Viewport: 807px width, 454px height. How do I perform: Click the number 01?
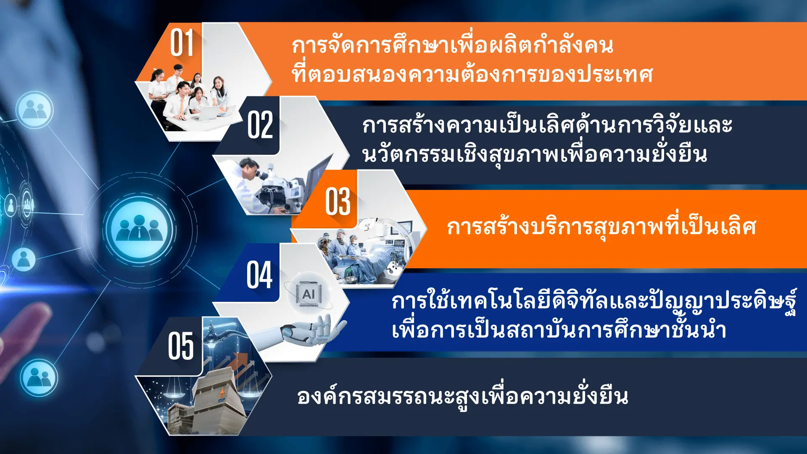182,43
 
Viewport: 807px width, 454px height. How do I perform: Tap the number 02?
260,125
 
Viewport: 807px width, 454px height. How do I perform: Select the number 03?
338,202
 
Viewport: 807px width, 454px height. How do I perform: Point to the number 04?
259,275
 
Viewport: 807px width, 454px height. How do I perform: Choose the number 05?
181,346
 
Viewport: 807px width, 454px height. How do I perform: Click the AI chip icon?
309,294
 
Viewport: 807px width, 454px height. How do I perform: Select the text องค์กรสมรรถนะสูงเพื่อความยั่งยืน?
463,396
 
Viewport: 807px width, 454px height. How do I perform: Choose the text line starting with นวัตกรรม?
535,154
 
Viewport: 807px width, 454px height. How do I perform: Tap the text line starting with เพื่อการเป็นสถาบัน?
559,330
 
